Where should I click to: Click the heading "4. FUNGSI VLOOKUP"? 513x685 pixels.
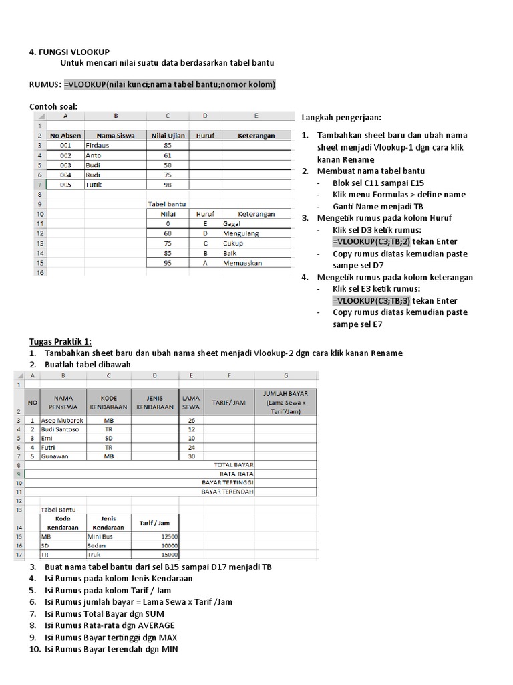[70, 52]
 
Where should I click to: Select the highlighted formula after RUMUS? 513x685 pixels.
[170, 84]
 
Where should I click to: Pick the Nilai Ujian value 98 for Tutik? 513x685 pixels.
[167, 185]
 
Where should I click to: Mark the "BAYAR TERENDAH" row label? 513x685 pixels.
[227, 491]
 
